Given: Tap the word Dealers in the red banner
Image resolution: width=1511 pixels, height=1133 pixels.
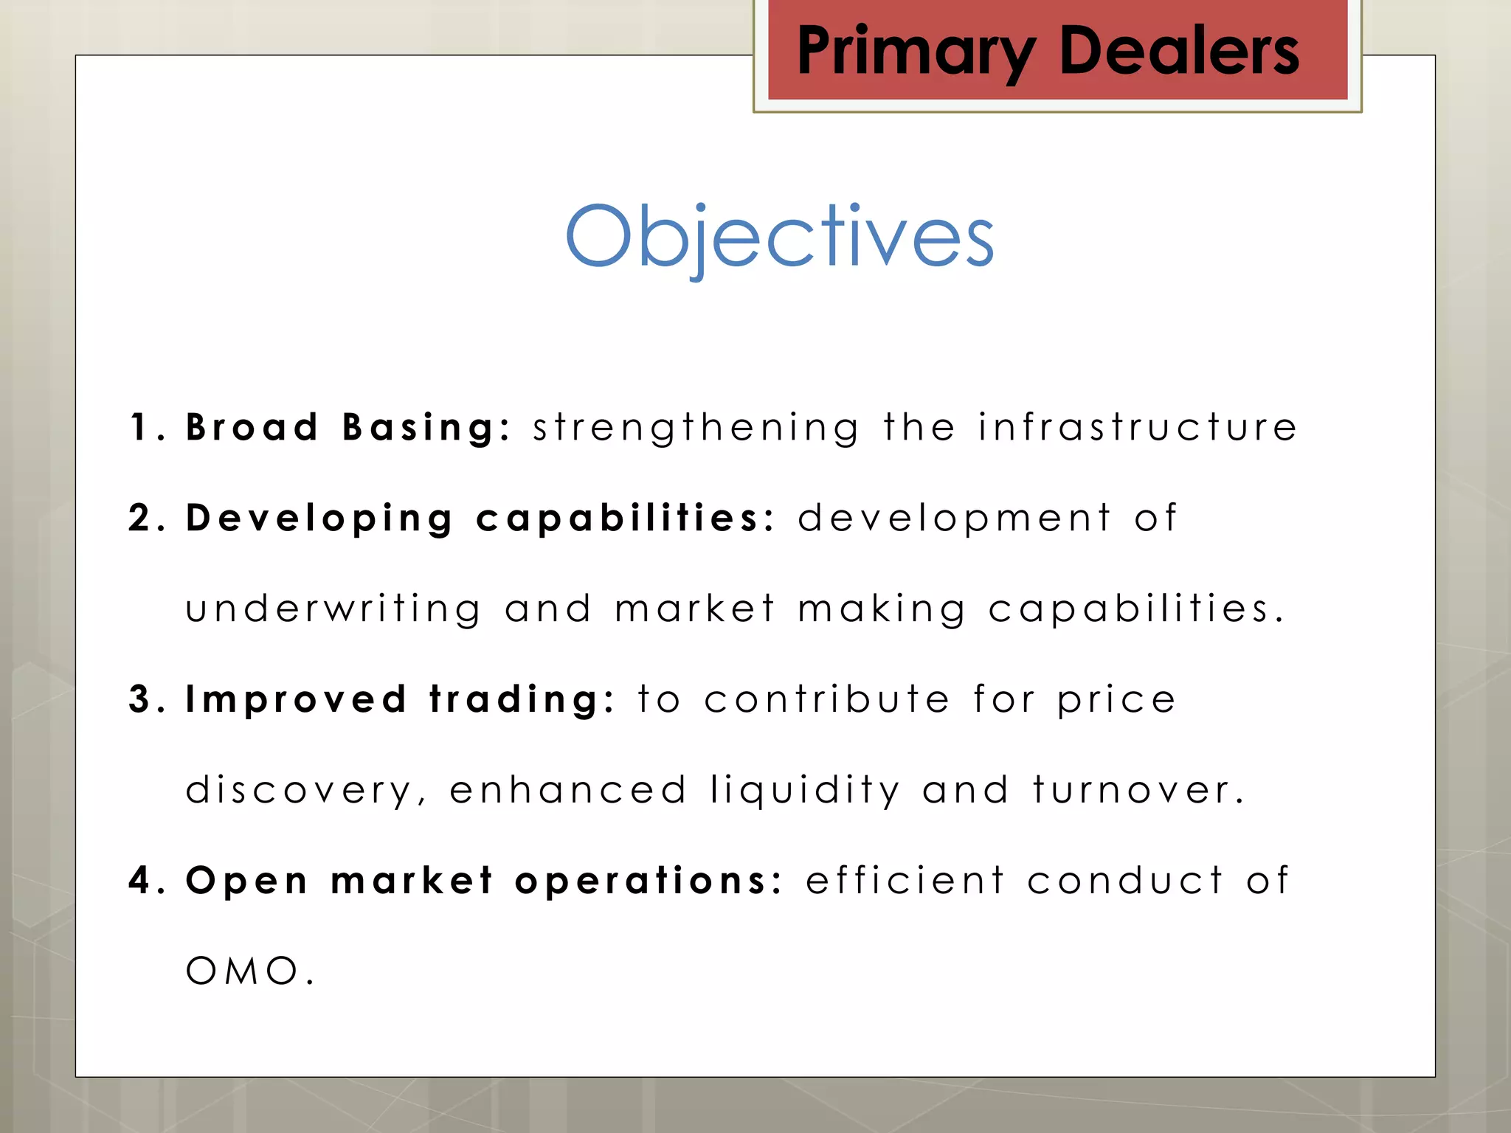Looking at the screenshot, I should [x=1178, y=52].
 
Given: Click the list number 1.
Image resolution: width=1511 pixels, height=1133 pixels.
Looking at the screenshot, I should [x=140, y=428].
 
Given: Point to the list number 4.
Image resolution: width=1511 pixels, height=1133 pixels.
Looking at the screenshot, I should [x=140, y=881].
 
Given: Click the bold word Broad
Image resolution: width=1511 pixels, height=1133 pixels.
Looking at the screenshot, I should [x=252, y=428].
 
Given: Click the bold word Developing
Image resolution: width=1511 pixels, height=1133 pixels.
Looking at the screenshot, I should [x=319, y=519].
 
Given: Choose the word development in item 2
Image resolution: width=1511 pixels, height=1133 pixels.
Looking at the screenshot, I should [x=954, y=518].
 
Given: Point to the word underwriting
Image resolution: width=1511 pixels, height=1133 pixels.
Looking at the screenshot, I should [x=333, y=610].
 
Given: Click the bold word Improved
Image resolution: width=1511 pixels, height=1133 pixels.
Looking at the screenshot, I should [x=296, y=700].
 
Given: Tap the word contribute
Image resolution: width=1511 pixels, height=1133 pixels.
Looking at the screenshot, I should [x=826, y=699].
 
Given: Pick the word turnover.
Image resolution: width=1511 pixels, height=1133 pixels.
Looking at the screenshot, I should [x=1138, y=791].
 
